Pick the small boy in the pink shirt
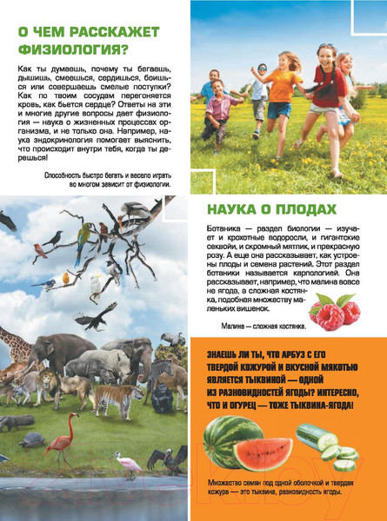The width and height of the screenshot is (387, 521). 220,111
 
